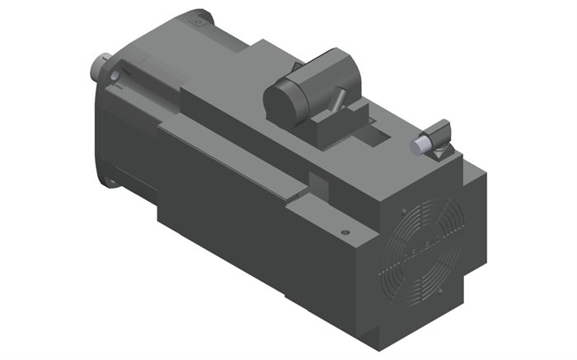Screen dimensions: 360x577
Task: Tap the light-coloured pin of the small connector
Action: click(x=419, y=145)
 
